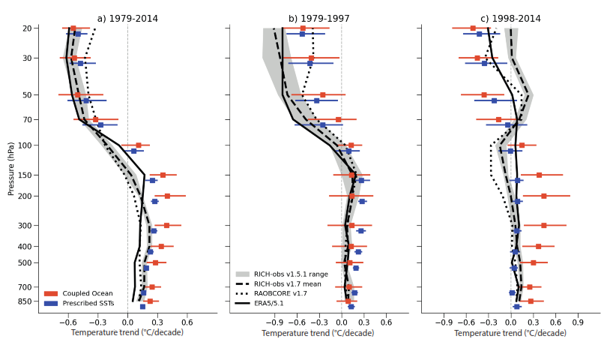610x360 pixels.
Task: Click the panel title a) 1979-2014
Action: coord(127,19)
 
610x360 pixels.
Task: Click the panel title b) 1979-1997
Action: coord(318,19)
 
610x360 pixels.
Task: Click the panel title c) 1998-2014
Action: coord(510,19)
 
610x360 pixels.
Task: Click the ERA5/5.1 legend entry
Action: coord(270,303)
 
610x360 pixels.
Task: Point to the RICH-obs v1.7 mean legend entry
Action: coord(285,284)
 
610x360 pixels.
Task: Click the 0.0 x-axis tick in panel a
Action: coord(127,322)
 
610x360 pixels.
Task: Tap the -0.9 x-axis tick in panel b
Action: coord(274,322)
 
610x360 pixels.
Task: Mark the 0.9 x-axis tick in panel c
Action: coord(578,322)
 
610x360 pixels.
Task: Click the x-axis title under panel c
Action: coord(510,332)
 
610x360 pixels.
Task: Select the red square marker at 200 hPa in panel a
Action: coord(167,196)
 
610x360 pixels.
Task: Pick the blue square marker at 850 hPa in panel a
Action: coord(142,307)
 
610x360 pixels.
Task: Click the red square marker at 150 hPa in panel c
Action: coord(539,175)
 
